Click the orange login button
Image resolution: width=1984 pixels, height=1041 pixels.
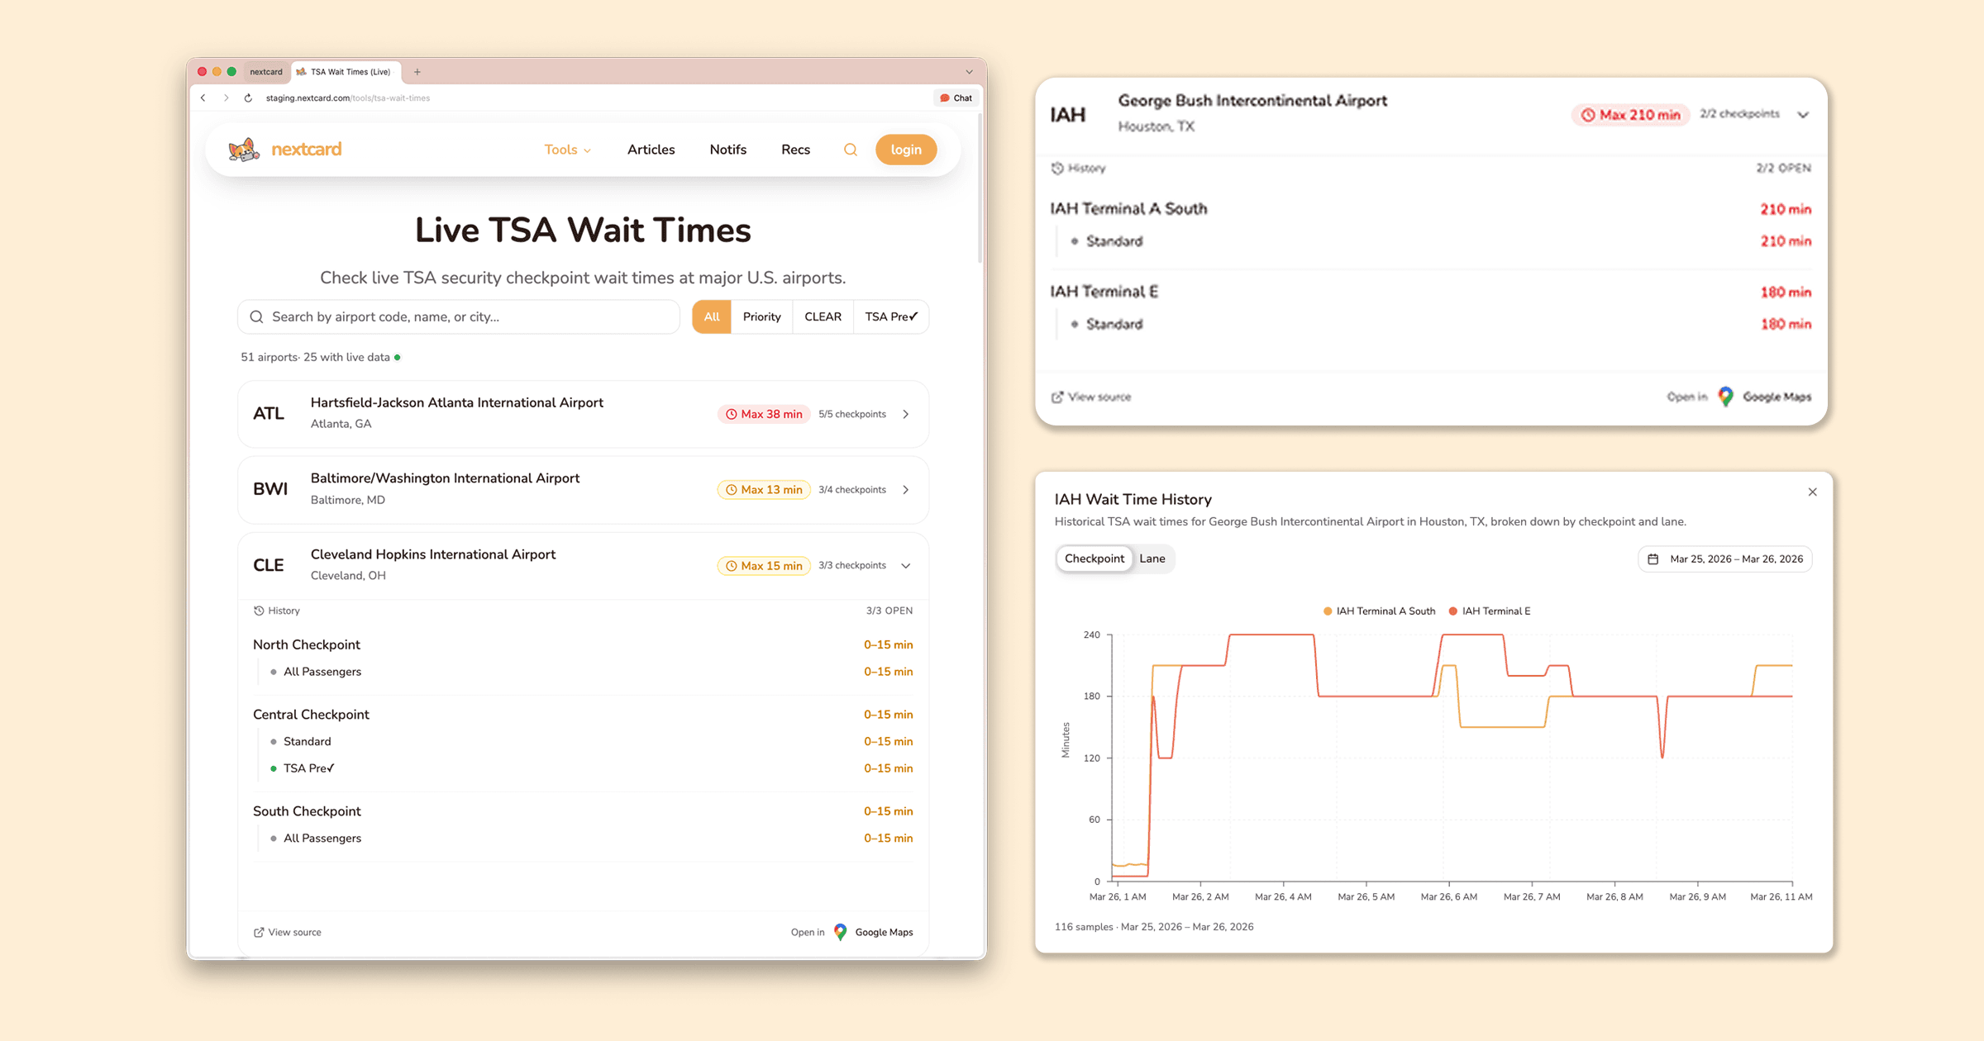[x=905, y=150]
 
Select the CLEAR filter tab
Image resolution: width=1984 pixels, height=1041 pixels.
[x=823, y=316]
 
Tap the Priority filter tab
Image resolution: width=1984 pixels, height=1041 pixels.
[x=761, y=316]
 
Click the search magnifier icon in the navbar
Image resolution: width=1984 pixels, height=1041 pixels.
[x=850, y=150]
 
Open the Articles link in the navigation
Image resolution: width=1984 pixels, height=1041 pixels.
[x=651, y=150]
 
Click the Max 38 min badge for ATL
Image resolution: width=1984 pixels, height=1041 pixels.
[x=764, y=414]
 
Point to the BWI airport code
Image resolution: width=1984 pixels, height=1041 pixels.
[x=270, y=489]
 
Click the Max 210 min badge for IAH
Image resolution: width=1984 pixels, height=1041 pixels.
[x=1630, y=115]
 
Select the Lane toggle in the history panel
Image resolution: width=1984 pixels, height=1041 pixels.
[x=1152, y=559]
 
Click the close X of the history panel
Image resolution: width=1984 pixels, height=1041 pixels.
[x=1812, y=492]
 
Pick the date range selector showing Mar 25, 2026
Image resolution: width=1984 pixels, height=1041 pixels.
[x=1725, y=559]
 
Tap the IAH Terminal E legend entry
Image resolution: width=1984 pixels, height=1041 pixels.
[x=1490, y=611]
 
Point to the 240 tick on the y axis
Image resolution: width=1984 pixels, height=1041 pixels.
[x=1091, y=635]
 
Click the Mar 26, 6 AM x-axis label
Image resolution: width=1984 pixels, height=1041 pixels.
[x=1448, y=896]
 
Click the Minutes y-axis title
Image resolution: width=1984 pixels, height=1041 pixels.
[x=1066, y=739]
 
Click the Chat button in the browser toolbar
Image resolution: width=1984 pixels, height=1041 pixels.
[x=956, y=97]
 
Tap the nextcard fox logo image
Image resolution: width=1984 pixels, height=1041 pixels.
[x=244, y=150]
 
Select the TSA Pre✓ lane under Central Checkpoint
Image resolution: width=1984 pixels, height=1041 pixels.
[x=308, y=768]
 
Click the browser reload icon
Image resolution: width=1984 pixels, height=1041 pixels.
[x=248, y=97]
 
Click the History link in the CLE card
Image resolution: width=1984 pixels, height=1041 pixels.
[x=277, y=611]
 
